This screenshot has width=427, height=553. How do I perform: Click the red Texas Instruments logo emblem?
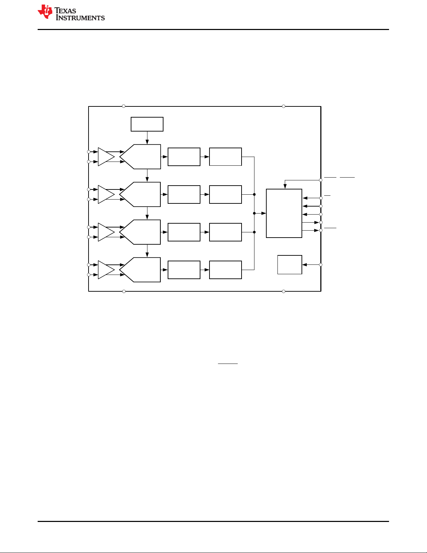(45, 12)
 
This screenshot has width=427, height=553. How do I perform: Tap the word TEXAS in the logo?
(65, 11)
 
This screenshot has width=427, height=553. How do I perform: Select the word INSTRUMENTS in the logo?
(80, 17)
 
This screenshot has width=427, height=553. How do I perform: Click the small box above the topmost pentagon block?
(147, 124)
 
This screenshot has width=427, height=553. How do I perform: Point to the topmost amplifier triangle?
(106, 157)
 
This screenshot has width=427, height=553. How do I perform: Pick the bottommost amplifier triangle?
(106, 270)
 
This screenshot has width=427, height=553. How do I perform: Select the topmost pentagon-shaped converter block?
(140, 157)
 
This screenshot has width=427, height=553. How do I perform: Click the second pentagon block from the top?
(140, 194)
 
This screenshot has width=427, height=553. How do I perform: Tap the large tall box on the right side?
(284, 213)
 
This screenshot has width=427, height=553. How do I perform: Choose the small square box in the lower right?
(290, 265)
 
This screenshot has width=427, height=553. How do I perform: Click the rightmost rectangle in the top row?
(226, 157)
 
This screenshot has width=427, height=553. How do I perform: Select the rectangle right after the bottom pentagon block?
(184, 270)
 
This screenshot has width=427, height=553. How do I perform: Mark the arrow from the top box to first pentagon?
(147, 138)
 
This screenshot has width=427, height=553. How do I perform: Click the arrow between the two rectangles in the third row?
(205, 232)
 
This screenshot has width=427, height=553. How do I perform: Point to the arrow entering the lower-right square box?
(311, 265)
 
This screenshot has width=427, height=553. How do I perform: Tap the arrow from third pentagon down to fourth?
(147, 251)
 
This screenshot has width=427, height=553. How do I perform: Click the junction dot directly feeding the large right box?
(254, 213)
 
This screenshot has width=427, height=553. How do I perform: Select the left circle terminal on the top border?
(124, 106)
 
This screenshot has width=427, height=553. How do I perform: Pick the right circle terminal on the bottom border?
(284, 291)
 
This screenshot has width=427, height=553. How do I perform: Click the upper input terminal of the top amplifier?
(89, 152)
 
